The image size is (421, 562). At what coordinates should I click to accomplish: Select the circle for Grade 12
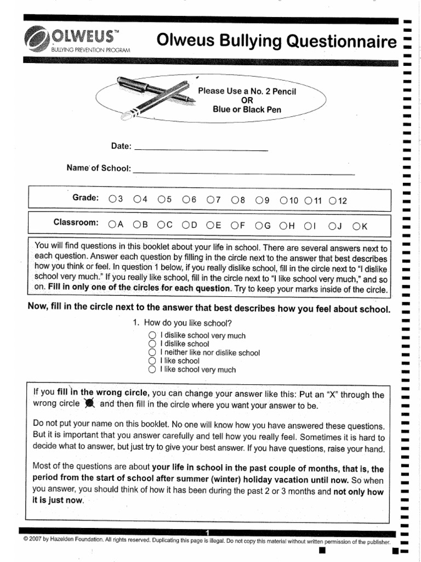pyautogui.click(x=332, y=201)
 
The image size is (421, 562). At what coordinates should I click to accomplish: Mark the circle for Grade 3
pyautogui.click(x=112, y=200)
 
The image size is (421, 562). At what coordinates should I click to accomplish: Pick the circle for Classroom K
pyautogui.click(x=356, y=225)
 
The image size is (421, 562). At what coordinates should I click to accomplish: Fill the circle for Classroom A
pyautogui.click(x=112, y=224)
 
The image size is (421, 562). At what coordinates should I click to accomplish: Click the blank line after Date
pyautogui.click(x=201, y=149)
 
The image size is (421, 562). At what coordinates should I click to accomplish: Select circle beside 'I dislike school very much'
pyautogui.click(x=152, y=335)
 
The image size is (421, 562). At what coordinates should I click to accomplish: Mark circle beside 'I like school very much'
pyautogui.click(x=152, y=370)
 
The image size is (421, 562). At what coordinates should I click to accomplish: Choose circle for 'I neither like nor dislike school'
pyautogui.click(x=152, y=352)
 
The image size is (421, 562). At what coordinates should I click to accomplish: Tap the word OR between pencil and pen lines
pyautogui.click(x=247, y=100)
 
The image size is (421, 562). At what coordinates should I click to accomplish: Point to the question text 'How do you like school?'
pyautogui.click(x=184, y=323)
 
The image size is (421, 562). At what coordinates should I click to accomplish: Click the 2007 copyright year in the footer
pyautogui.click(x=39, y=541)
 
